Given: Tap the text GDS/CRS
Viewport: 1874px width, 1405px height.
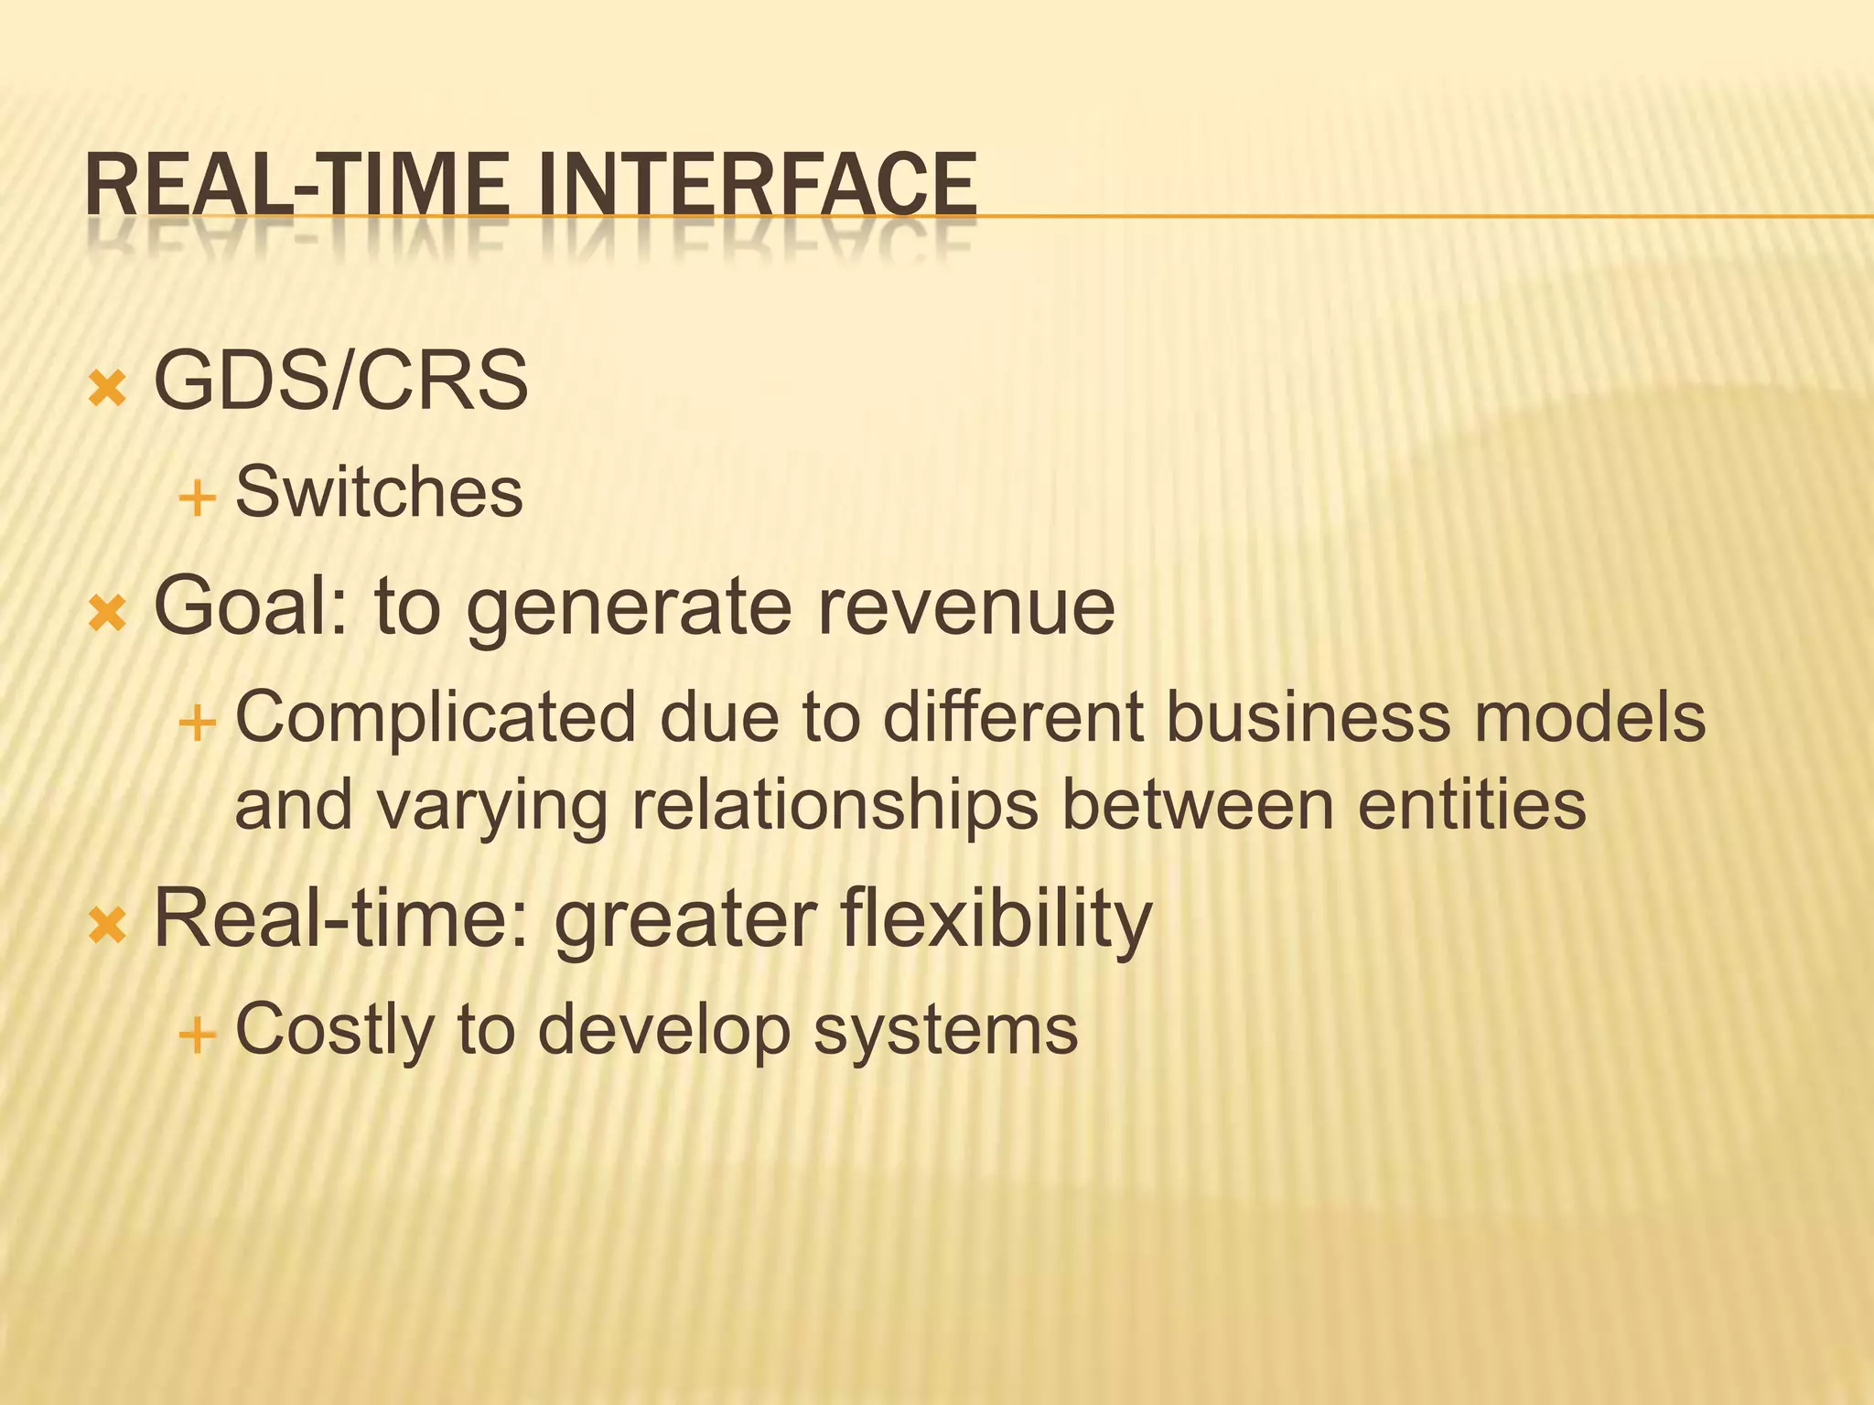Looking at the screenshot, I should tap(340, 381).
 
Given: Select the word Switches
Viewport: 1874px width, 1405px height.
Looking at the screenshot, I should tap(379, 492).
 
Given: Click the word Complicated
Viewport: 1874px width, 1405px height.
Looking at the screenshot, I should tap(436, 717).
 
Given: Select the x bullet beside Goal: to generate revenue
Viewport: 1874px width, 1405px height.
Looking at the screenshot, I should tap(108, 614).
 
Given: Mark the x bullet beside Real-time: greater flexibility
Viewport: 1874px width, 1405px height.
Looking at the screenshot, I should tap(108, 927).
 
